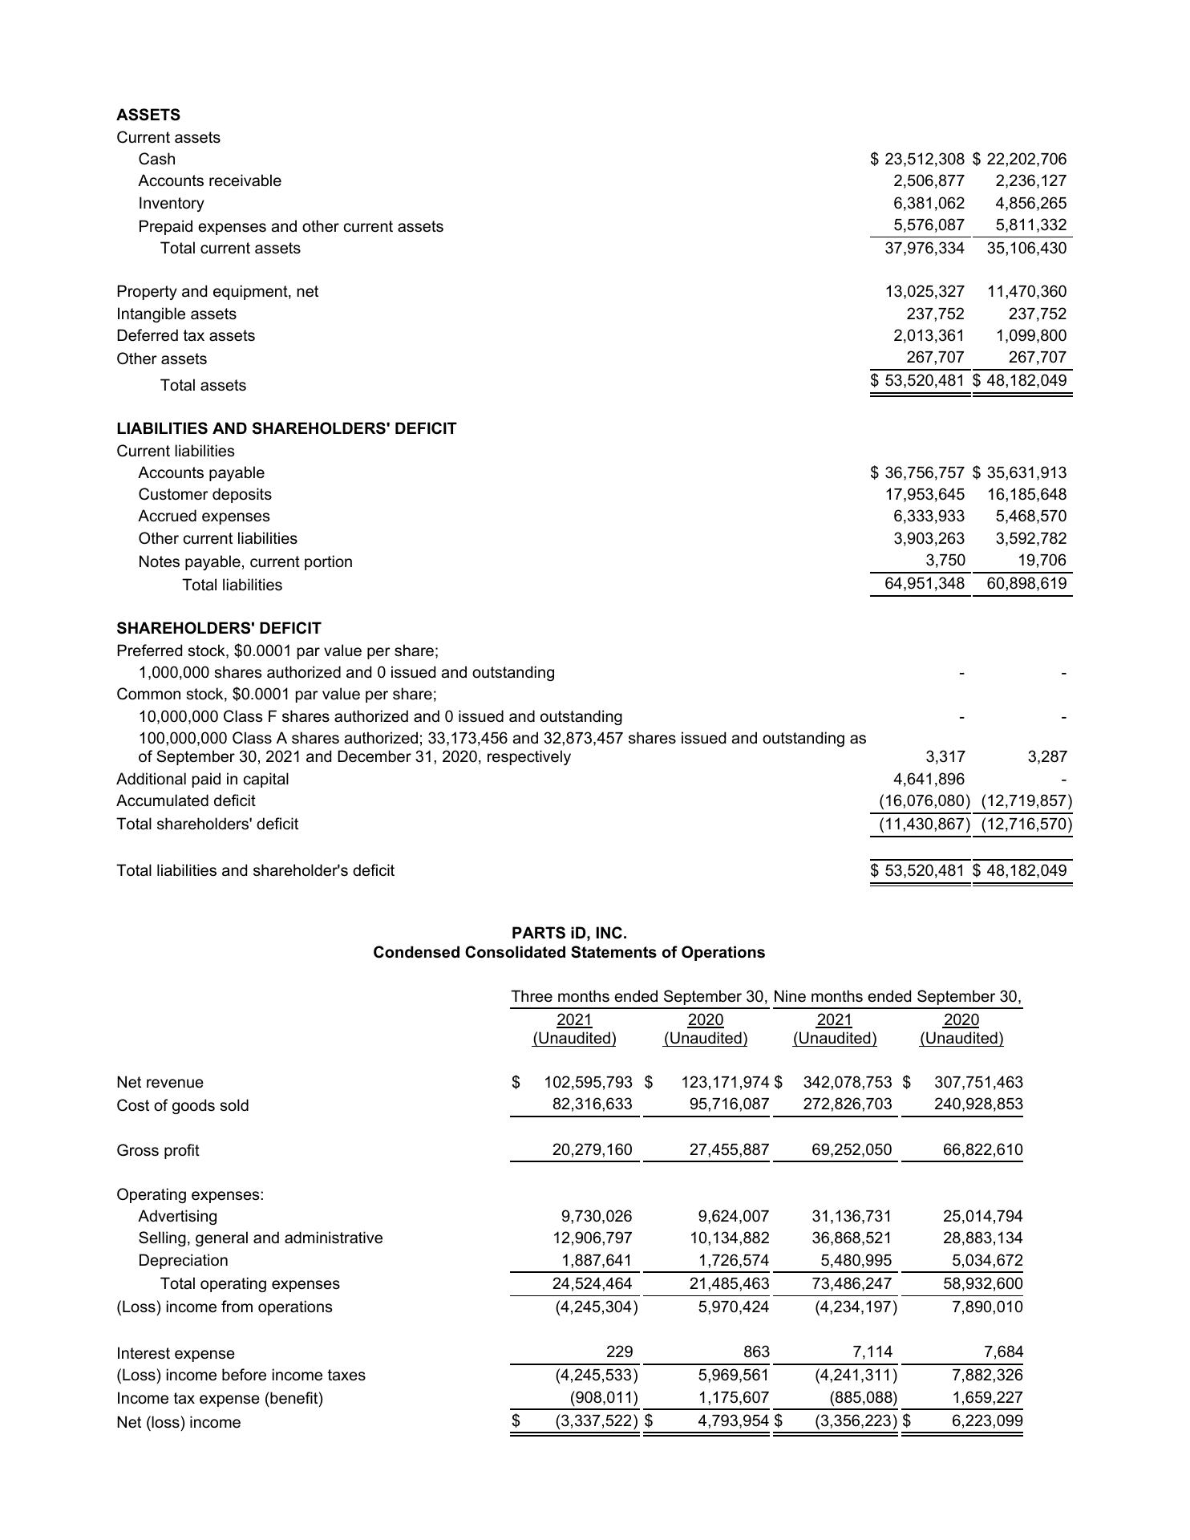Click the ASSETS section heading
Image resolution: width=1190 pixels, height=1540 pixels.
(x=148, y=115)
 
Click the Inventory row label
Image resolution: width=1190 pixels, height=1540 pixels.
(x=171, y=203)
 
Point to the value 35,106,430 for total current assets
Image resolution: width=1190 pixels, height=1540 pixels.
(x=1026, y=248)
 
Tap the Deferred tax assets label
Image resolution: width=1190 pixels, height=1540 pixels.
(x=185, y=335)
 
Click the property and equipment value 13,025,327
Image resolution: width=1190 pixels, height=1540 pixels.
(x=924, y=291)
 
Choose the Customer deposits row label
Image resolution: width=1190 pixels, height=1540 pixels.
(x=204, y=494)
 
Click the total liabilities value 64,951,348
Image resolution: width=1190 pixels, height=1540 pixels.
(x=924, y=583)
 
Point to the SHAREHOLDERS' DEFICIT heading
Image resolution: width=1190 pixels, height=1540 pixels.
(x=218, y=628)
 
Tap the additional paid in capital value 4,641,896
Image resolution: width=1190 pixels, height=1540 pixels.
(x=929, y=779)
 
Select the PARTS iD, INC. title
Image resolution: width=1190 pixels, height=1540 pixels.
(x=569, y=933)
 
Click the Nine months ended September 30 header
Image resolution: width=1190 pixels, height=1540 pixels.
(x=897, y=996)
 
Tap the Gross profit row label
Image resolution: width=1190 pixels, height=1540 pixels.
(x=157, y=1150)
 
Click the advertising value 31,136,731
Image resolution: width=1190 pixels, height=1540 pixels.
(x=852, y=1216)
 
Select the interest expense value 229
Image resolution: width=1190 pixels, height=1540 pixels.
(x=619, y=1352)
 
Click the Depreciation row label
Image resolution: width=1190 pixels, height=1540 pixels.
(x=183, y=1260)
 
